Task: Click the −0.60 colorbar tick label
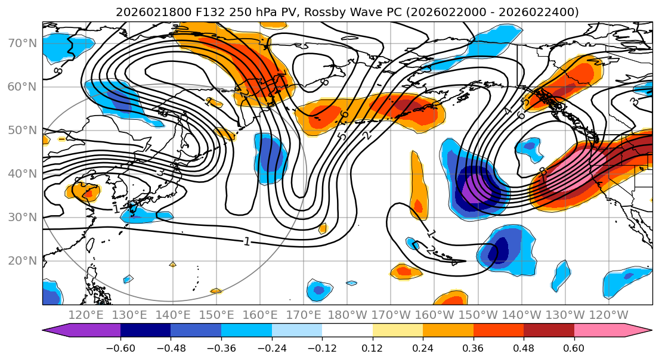click(x=120, y=347)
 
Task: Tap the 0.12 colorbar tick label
click(x=372, y=347)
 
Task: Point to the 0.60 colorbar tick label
click(x=574, y=347)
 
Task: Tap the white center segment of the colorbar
click(x=347, y=331)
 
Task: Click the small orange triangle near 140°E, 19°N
click(x=172, y=263)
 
